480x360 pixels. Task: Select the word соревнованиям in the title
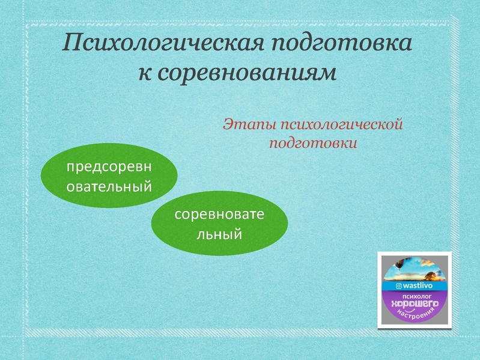pyautogui.click(x=247, y=72)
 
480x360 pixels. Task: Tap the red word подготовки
pyautogui.click(x=313, y=143)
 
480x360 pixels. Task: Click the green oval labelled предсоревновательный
pyautogui.click(x=109, y=175)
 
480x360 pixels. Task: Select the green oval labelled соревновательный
pyautogui.click(x=219, y=224)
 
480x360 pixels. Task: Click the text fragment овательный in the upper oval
pyautogui.click(x=109, y=186)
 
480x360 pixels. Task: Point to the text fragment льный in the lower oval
pyautogui.click(x=219, y=234)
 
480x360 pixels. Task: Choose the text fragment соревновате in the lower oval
pyautogui.click(x=219, y=215)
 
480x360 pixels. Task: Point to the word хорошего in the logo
pyautogui.click(x=414, y=305)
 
